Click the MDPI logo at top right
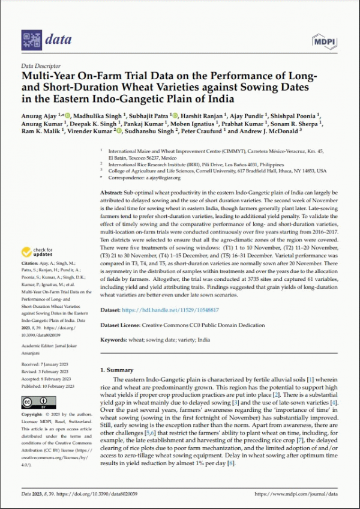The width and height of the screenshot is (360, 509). click(324, 40)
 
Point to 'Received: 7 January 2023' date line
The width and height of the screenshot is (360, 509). click(46, 365)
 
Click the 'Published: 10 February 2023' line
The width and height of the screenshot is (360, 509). click(49, 388)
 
